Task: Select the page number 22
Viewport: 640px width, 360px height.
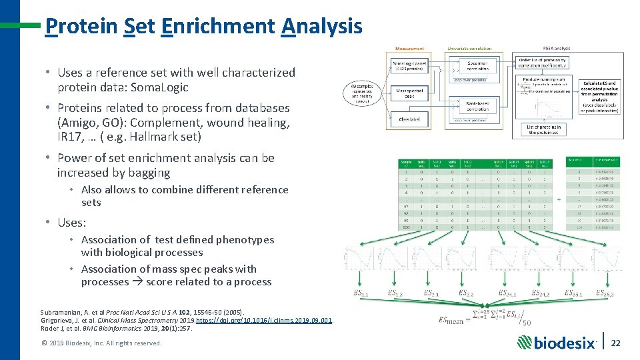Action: point(616,342)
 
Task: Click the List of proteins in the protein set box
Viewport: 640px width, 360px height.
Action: point(544,129)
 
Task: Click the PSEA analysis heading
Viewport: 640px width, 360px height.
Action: point(557,49)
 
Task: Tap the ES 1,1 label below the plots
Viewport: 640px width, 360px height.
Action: point(361,294)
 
